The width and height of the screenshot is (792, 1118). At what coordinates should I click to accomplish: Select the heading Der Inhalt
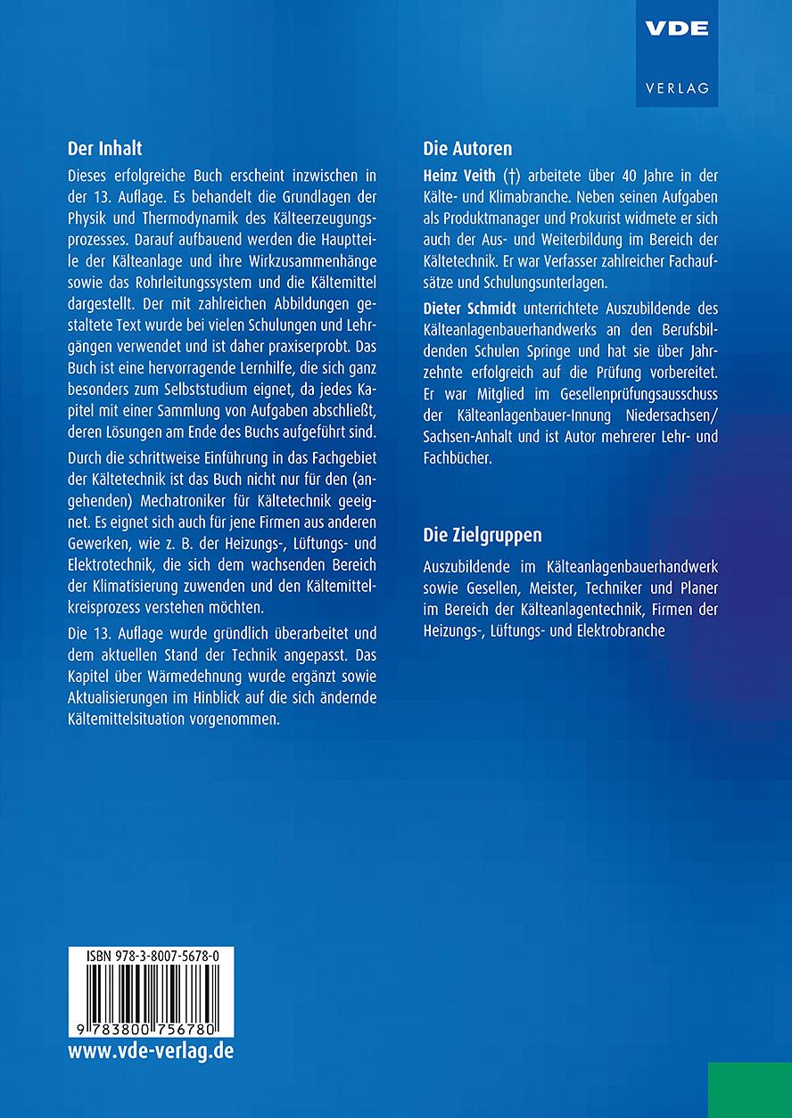pos(105,148)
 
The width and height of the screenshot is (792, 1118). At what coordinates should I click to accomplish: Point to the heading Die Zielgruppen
pos(483,535)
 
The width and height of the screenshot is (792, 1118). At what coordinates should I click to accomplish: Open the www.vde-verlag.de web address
pos(151,1050)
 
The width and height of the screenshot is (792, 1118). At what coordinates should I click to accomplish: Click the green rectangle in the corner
pos(750,1089)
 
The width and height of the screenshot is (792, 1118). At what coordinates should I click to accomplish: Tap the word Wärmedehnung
pos(183,676)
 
